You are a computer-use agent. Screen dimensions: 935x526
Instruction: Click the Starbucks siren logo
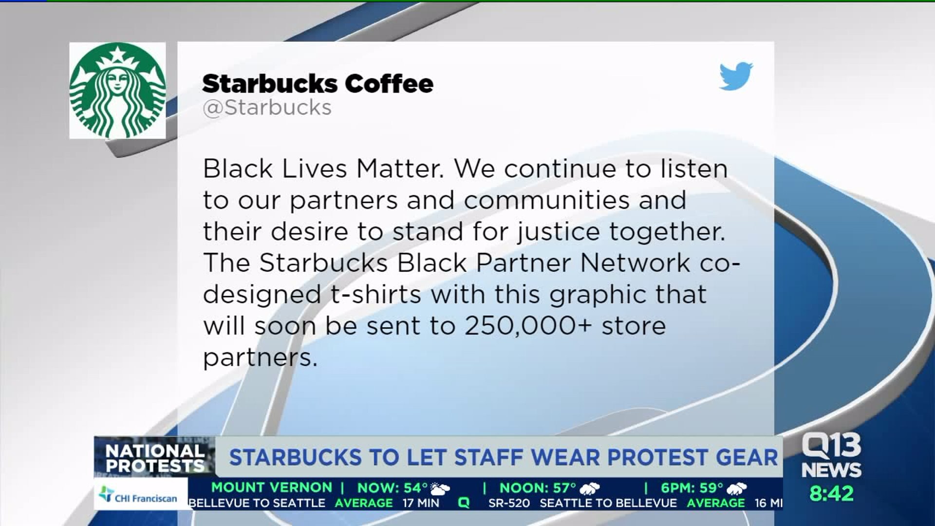coord(117,91)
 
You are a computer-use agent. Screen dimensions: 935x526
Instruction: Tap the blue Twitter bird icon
coord(736,76)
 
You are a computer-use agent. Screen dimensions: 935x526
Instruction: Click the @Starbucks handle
coord(267,108)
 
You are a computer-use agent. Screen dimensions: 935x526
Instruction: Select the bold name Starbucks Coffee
coord(318,84)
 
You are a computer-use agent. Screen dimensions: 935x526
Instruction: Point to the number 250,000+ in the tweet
coord(528,326)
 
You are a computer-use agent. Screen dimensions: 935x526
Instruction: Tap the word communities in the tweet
coord(547,200)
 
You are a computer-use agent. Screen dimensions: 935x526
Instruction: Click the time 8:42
coord(831,493)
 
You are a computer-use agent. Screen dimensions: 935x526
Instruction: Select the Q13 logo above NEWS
coord(831,446)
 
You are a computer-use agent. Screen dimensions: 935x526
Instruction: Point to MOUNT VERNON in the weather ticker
coord(272,488)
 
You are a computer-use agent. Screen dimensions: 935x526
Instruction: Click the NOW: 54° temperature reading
coord(393,488)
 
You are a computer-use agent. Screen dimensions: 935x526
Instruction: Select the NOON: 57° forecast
coord(538,488)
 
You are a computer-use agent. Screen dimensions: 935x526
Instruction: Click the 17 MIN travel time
coord(421,503)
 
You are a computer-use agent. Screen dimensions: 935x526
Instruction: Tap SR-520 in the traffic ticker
coord(509,503)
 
